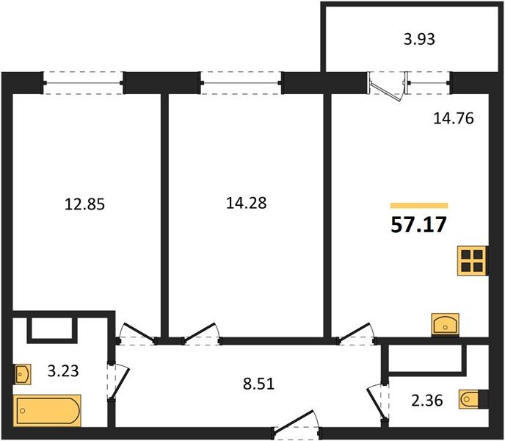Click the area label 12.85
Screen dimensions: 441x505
coord(86,204)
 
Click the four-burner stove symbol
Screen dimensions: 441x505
coord(472,259)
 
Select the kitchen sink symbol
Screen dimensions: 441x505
coord(446,323)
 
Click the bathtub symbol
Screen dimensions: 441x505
coord(48,409)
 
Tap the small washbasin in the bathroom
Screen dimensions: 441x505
coord(23,374)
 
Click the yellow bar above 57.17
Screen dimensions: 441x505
coord(419,206)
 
